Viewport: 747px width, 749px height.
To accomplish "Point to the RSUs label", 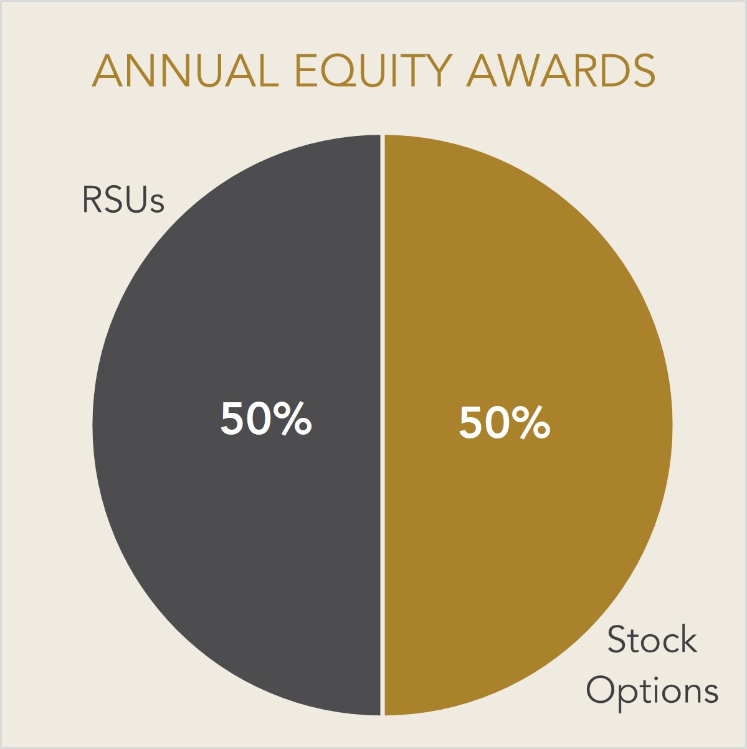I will [123, 200].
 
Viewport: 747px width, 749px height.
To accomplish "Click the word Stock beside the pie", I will [652, 640].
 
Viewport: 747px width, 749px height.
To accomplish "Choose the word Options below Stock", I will [652, 691].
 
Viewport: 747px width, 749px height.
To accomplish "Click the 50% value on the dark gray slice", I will [266, 418].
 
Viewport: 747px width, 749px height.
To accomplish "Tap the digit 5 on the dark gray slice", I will [232, 418].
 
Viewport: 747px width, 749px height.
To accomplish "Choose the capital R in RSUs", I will [92, 200].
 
